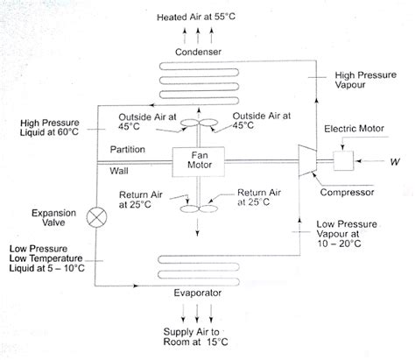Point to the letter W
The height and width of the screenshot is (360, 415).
395,162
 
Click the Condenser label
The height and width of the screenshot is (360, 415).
198,52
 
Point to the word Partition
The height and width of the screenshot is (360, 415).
128,150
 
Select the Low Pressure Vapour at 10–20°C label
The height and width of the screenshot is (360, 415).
348,235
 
